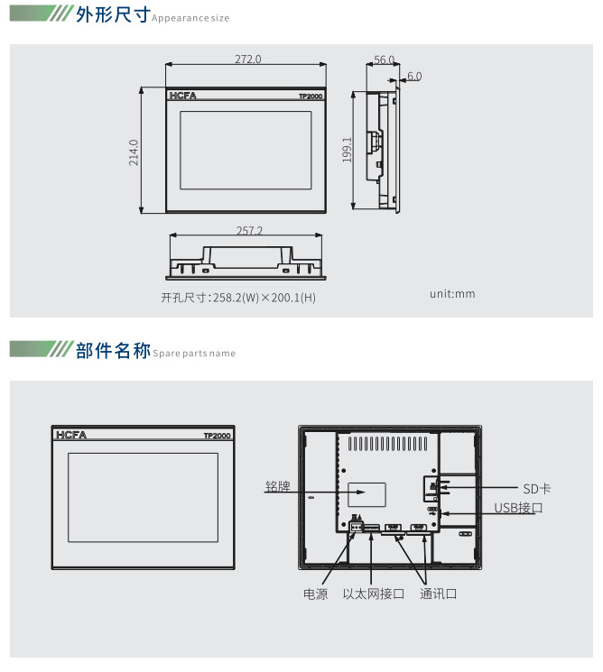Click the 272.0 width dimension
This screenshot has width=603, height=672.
coord(247,60)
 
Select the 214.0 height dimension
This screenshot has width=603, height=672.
coord(134,152)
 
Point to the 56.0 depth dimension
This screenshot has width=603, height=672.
coord(384,60)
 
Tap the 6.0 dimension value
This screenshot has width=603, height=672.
coord(413,77)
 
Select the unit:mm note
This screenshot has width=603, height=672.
coord(452,294)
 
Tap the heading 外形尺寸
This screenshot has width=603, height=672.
coord(113,17)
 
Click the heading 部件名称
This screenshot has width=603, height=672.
coord(113,351)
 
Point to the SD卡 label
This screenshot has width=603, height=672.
coord(536,488)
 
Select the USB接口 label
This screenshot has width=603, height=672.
coord(518,508)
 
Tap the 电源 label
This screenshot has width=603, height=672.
coord(316,594)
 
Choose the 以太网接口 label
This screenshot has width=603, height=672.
coord(374,594)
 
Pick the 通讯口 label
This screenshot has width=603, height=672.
coord(439,594)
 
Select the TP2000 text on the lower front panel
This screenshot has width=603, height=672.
coord(217,436)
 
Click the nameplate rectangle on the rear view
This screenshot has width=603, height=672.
coord(367,494)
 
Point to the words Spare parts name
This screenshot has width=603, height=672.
coord(194,354)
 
